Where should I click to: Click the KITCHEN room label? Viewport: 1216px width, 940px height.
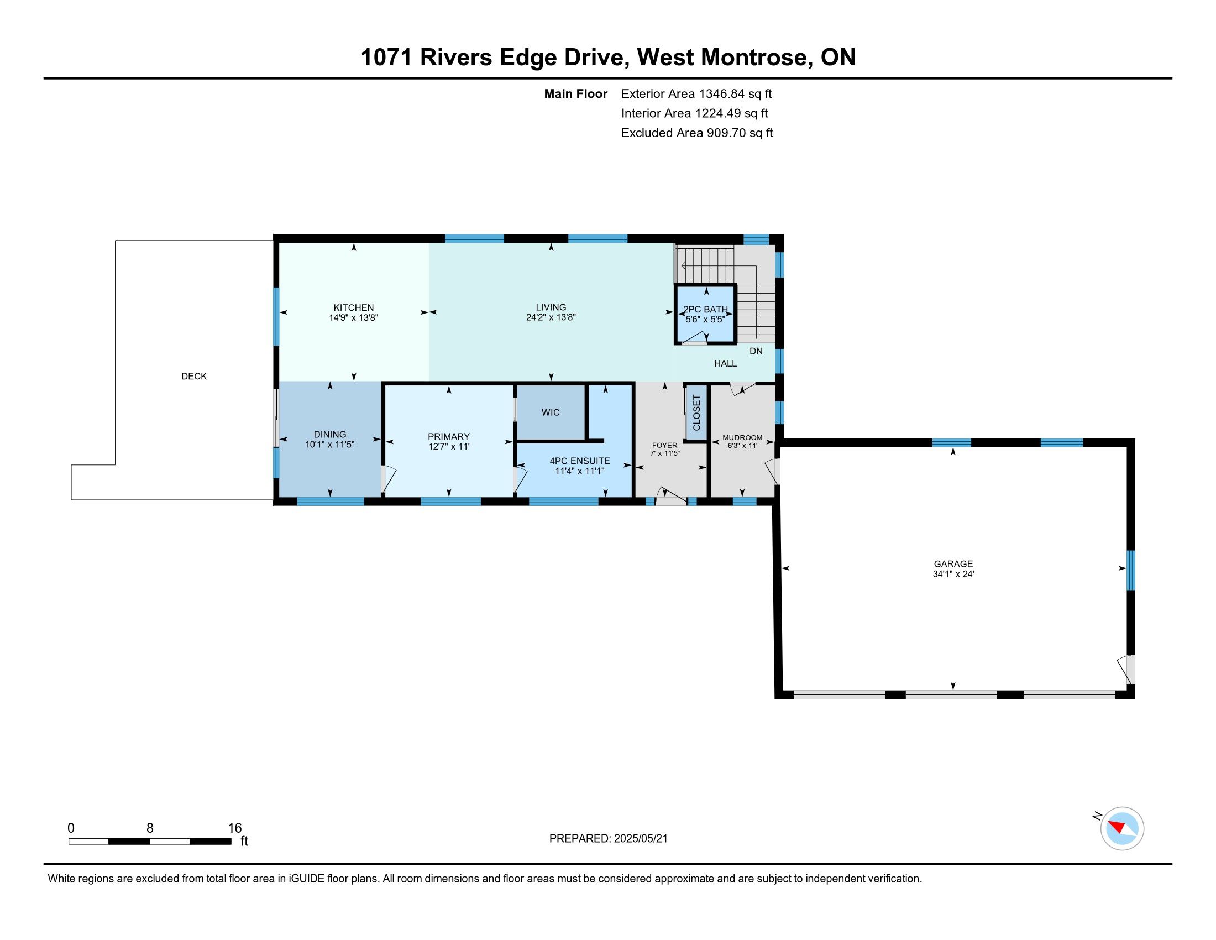pyautogui.click(x=354, y=307)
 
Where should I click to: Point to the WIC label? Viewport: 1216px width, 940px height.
pyautogui.click(x=551, y=412)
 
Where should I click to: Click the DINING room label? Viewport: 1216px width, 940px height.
pyautogui.click(x=329, y=435)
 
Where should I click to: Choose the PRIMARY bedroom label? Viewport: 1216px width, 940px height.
pyautogui.click(x=449, y=437)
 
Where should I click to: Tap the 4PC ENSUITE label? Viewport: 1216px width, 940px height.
pyautogui.click(x=580, y=461)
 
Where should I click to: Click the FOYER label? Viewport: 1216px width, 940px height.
pyautogui.click(x=665, y=446)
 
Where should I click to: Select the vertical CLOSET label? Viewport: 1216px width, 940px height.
pyautogui.click(x=696, y=412)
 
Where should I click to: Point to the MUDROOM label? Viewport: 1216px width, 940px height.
pyautogui.click(x=742, y=438)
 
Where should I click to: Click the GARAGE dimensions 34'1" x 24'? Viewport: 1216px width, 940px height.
pyautogui.click(x=953, y=574)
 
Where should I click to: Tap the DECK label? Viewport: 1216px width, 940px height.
pyautogui.click(x=194, y=377)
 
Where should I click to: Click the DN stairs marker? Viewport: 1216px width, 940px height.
pyautogui.click(x=756, y=351)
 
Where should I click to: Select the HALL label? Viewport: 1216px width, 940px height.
pyautogui.click(x=726, y=364)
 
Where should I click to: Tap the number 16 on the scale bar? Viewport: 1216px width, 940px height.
pyautogui.click(x=235, y=828)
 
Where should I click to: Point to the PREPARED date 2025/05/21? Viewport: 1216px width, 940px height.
pyautogui.click(x=640, y=839)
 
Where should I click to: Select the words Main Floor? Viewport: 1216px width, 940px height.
pyautogui.click(x=576, y=94)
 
